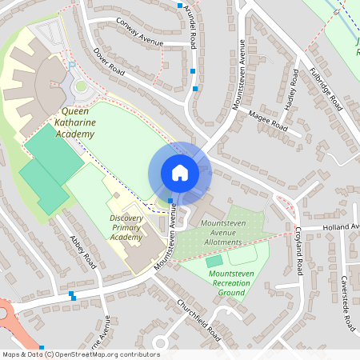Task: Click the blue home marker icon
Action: (179, 173)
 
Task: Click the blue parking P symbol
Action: (72, 65)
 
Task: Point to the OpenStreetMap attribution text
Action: (80, 354)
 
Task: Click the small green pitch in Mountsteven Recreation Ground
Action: (214, 261)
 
